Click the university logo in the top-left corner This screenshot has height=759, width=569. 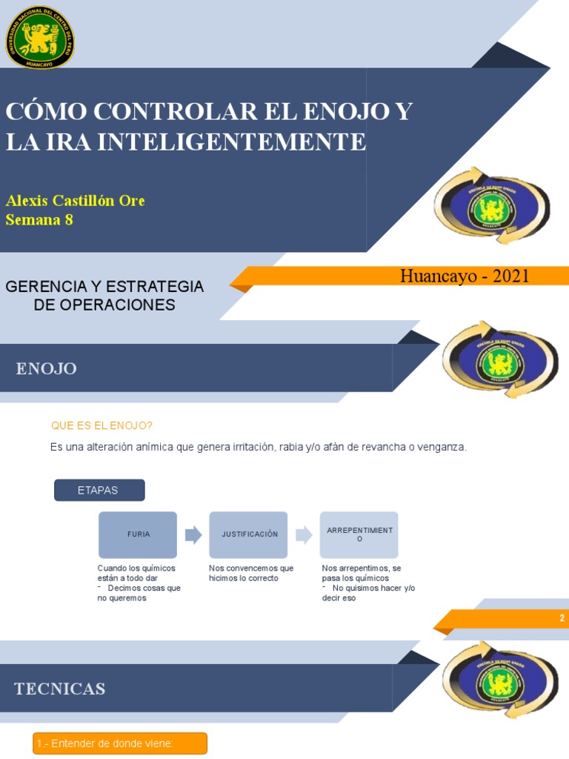40,37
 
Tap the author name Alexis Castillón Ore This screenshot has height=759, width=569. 75,201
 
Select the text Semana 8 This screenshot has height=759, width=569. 39,219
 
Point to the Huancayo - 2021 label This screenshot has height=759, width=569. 465,276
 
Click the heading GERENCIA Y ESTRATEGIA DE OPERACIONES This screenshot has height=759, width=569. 104,295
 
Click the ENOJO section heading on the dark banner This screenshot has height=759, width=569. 47,368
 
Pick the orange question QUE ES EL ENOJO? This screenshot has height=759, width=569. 102,425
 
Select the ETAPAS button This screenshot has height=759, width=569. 99,490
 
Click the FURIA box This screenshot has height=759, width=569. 138,534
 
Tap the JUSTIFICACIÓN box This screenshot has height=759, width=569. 248,534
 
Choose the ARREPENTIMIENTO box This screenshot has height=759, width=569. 359,534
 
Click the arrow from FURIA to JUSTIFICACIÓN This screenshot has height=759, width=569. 193,534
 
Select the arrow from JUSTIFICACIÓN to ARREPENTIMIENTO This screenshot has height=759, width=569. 304,534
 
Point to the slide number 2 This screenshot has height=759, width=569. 562,618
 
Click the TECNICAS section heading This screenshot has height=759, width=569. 59,689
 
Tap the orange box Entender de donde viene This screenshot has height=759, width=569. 120,743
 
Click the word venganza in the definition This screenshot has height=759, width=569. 442,447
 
